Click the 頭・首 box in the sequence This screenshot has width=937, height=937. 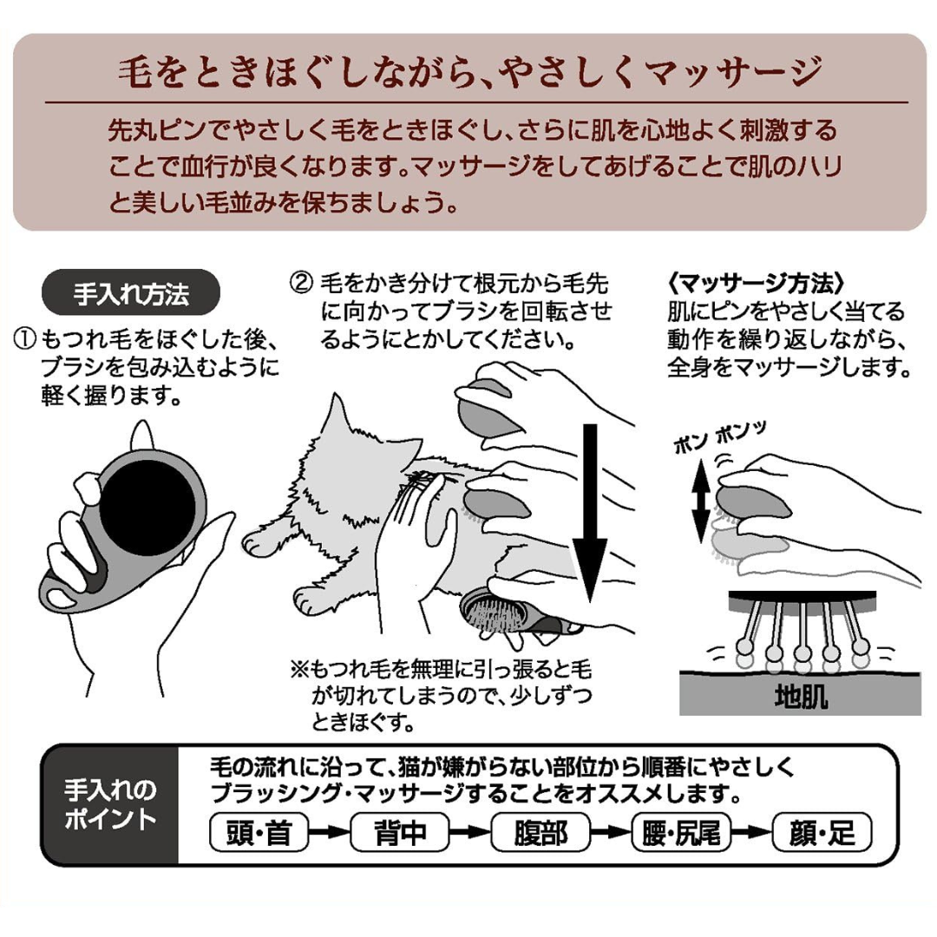click(259, 832)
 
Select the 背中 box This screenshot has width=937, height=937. click(399, 832)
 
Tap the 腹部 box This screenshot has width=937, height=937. click(541, 832)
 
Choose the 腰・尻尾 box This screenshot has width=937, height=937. click(681, 832)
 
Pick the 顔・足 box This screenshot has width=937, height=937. click(822, 832)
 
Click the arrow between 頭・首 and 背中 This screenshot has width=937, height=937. click(330, 832)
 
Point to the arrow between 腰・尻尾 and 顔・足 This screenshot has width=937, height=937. click(751, 832)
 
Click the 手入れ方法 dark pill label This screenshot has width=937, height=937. click(131, 293)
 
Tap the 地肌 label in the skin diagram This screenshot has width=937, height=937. click(801, 697)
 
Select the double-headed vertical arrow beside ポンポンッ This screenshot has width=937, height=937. click(701, 502)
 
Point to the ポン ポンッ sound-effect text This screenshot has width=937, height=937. click(719, 438)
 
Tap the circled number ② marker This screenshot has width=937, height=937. click(301, 282)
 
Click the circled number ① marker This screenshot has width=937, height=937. click(24, 339)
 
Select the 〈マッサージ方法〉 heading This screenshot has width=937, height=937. click(756, 283)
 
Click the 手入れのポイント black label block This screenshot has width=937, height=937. click(110, 803)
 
